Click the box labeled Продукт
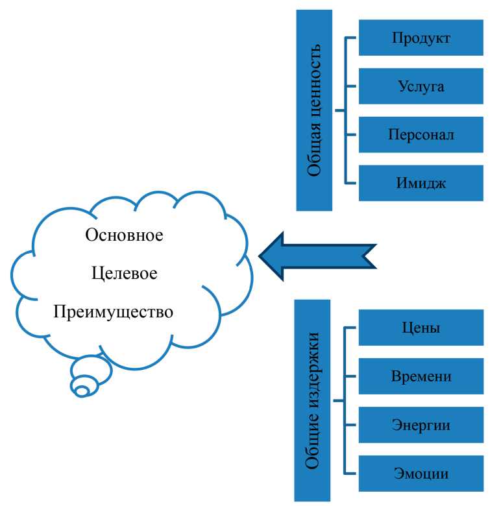click(x=421, y=38)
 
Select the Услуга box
click(x=421, y=86)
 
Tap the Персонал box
click(x=421, y=134)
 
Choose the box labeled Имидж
click(x=421, y=182)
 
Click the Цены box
click(x=421, y=328)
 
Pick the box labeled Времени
click(x=421, y=376)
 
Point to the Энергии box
click(x=421, y=425)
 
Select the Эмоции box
click(x=421, y=473)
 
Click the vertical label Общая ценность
click(x=314, y=110)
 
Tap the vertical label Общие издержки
click(x=313, y=400)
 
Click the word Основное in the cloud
click(x=124, y=234)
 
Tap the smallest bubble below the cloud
click(x=82, y=391)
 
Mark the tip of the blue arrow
click(x=262, y=256)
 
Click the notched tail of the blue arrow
click(x=370, y=256)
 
